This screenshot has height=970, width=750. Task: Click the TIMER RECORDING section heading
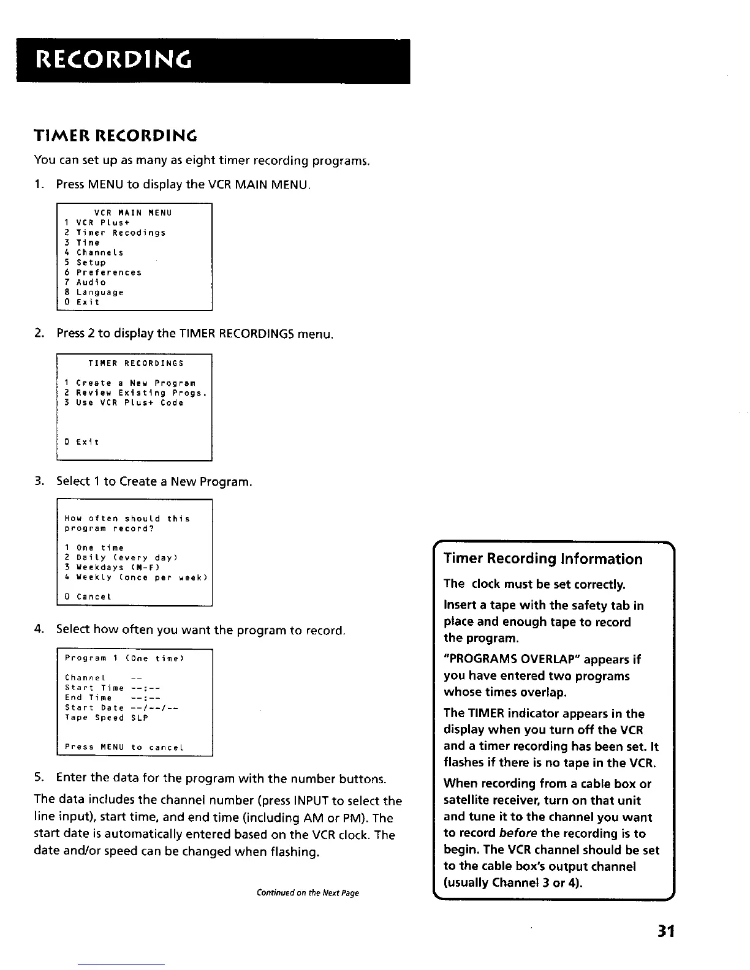coord(115,135)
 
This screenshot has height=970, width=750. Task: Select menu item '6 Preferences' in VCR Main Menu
coord(103,273)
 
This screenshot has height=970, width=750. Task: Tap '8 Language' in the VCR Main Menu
coord(94,293)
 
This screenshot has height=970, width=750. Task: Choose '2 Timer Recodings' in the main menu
coord(115,233)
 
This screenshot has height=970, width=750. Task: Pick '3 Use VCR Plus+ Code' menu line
coord(124,403)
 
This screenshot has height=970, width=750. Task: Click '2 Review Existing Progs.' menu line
coord(135,393)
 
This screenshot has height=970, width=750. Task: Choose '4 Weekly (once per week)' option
coord(136,577)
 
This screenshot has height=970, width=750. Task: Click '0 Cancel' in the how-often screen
coord(88,597)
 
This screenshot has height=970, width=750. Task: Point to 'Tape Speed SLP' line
coord(107,718)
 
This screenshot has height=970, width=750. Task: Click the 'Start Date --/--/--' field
coord(121,708)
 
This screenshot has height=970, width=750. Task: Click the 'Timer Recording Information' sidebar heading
coord(543,559)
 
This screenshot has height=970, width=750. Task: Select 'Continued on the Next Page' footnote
coord(308,893)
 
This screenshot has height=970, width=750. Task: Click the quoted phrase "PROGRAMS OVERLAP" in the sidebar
coord(512,660)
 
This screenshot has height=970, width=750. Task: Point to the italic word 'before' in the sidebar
coord(518,833)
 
